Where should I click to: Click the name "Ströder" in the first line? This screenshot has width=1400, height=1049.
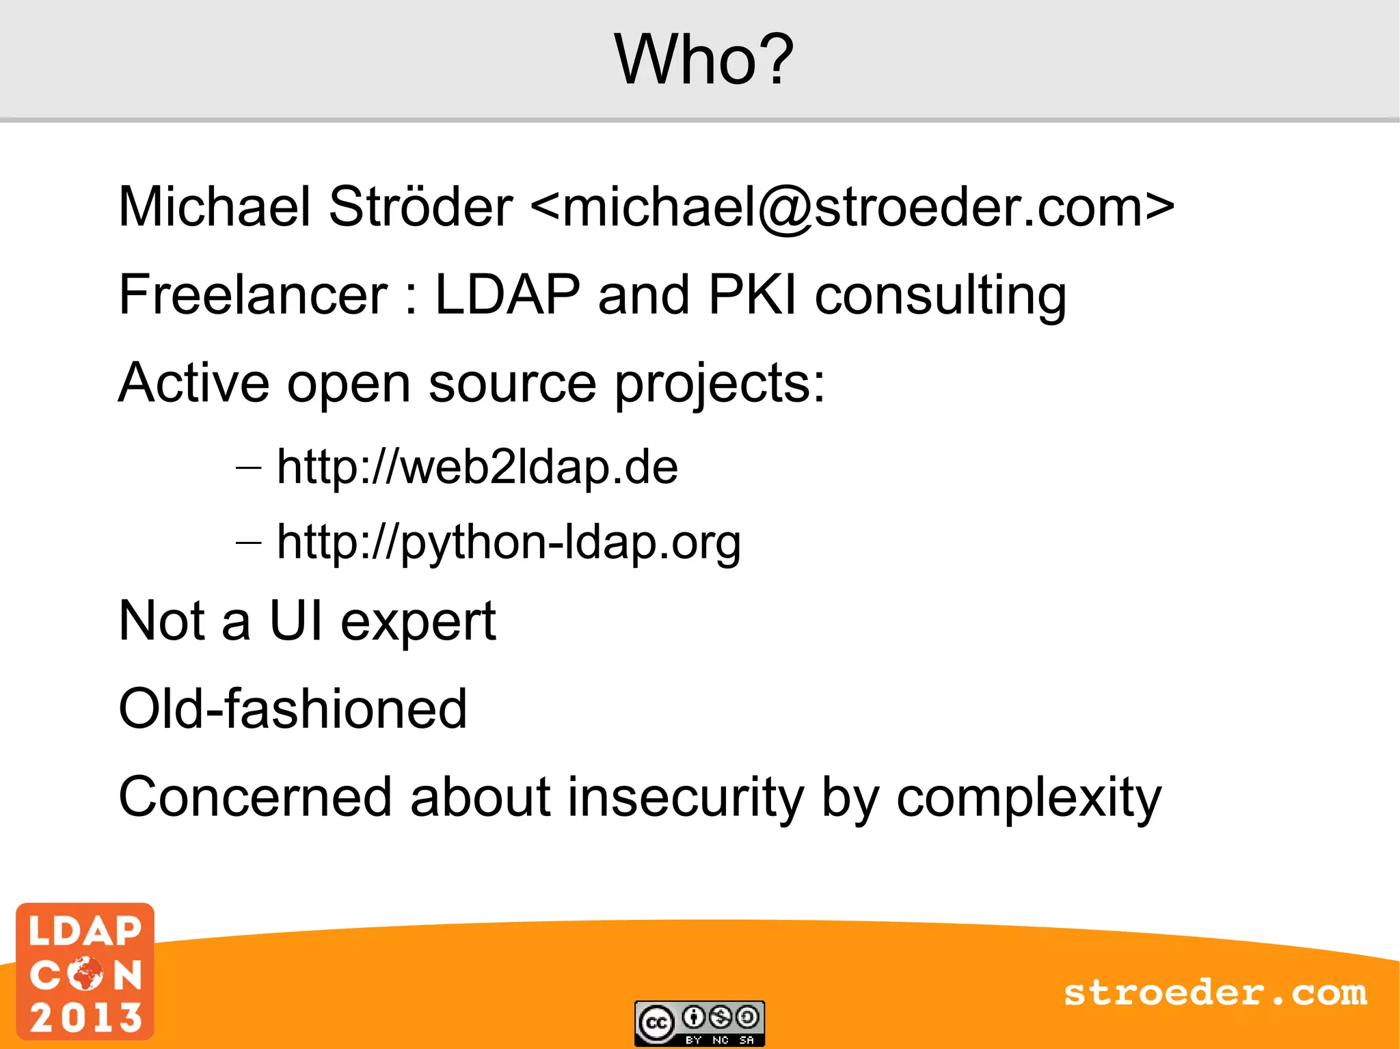pos(420,206)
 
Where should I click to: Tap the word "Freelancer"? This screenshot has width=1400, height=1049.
pos(253,295)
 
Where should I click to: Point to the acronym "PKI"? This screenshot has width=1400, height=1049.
pos(752,295)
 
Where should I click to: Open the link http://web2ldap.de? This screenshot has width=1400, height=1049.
pos(477,467)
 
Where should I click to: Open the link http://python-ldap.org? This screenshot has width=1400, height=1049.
pos(509,543)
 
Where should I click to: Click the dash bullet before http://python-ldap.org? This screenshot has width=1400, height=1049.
pos(248,543)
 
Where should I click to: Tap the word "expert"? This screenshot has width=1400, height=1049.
pos(418,622)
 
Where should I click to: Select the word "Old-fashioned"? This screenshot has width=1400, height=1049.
pos(293,709)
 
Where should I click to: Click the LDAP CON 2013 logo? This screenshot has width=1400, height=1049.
pos(85,971)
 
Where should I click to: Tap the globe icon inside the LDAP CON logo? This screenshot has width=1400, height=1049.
pos(85,973)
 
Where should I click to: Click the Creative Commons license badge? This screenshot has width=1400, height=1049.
pos(699,1022)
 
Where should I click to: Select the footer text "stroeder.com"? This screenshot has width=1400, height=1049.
pos(1215,993)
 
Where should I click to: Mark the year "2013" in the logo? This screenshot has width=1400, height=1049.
pos(85,1017)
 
